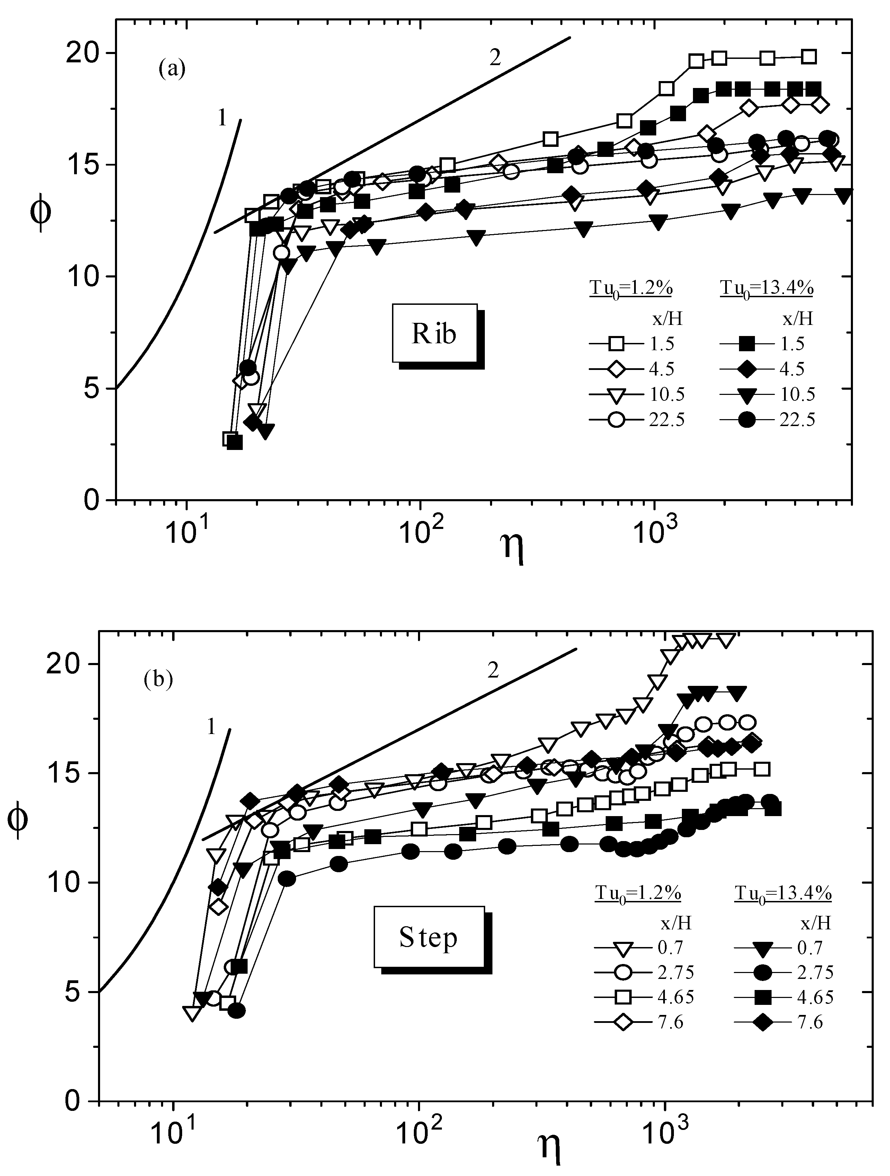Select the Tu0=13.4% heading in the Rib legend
tap(767, 289)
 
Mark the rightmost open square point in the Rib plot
tap(809, 57)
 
